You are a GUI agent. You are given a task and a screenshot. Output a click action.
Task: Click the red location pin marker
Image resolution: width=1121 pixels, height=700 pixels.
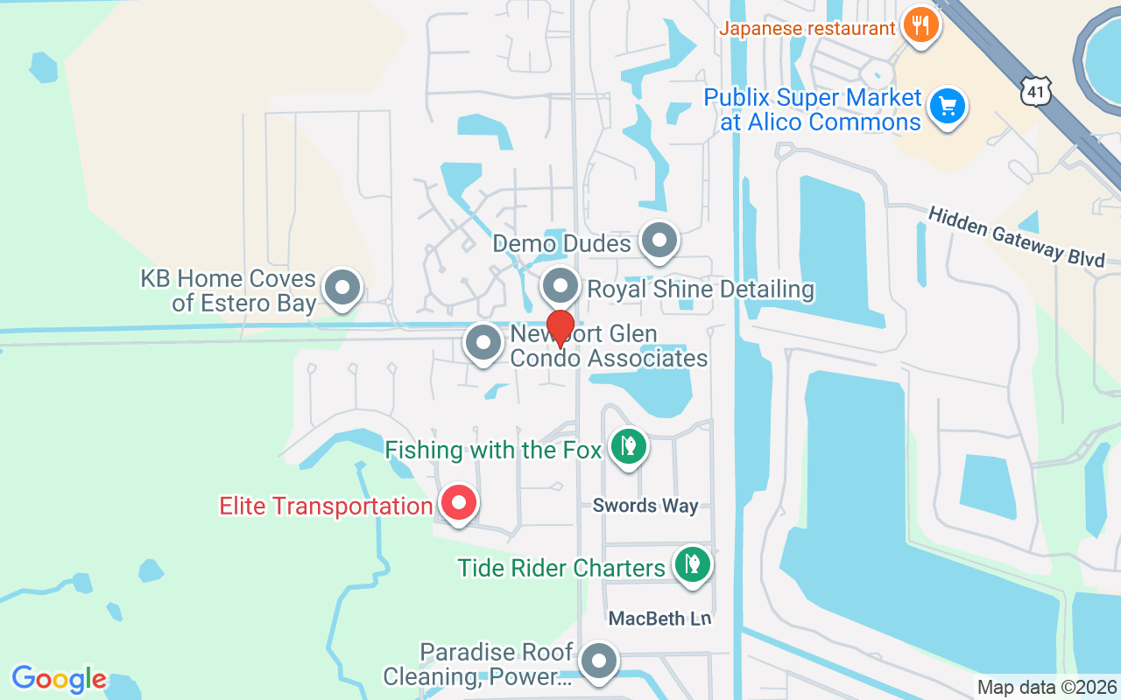560,327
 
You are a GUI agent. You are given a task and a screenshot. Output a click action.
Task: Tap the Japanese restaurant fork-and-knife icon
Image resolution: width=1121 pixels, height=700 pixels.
920,24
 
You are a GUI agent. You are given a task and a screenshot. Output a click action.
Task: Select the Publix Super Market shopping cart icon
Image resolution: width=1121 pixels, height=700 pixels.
947,107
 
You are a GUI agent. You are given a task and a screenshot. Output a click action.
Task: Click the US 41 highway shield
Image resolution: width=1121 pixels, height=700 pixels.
1035,90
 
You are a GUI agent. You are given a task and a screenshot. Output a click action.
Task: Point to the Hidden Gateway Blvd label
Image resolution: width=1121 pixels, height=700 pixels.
1016,235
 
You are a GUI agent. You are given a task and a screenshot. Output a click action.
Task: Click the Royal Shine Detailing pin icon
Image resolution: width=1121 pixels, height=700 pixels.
560,286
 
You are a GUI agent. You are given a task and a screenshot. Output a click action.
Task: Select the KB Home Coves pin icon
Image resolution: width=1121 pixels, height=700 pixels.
342,287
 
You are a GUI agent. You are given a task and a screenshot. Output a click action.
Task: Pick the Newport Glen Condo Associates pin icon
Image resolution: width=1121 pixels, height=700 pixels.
483,343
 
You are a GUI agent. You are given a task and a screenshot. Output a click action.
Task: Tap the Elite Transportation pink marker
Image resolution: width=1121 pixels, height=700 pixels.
458,503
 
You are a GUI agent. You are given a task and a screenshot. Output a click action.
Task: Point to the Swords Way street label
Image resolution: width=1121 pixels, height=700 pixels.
645,506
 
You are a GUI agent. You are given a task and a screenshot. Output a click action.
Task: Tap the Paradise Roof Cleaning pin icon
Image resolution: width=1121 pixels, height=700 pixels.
599,662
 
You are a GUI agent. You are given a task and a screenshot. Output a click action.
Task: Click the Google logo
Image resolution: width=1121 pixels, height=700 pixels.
59,679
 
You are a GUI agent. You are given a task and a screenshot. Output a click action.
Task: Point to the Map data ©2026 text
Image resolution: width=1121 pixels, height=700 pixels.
1047,687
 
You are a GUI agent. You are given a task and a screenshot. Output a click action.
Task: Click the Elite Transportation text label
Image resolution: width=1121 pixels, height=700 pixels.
326,506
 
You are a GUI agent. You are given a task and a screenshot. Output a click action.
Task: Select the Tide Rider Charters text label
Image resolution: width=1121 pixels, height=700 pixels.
561,568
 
